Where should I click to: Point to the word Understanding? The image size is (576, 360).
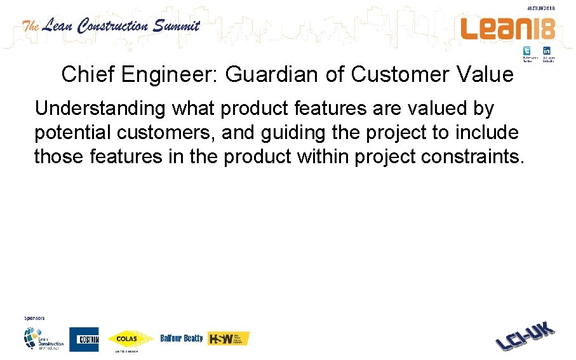tap(100, 109)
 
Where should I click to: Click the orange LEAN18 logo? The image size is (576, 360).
tap(507, 29)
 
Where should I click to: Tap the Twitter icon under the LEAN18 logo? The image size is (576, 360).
tap(527, 51)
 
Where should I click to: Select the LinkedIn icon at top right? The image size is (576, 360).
tap(547, 51)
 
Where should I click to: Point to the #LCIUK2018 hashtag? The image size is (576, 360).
tap(541, 8)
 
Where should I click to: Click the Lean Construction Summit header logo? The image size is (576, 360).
tap(111, 26)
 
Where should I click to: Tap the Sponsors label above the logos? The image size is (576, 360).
tap(34, 317)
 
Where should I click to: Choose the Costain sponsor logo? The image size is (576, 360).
tap(84, 339)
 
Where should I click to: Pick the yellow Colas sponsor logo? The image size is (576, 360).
tap(130, 338)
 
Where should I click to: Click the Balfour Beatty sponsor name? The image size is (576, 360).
tap(182, 338)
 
